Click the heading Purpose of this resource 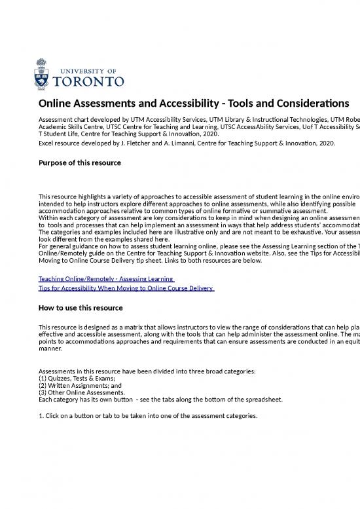tap(80, 162)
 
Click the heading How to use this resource tap(81, 308)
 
